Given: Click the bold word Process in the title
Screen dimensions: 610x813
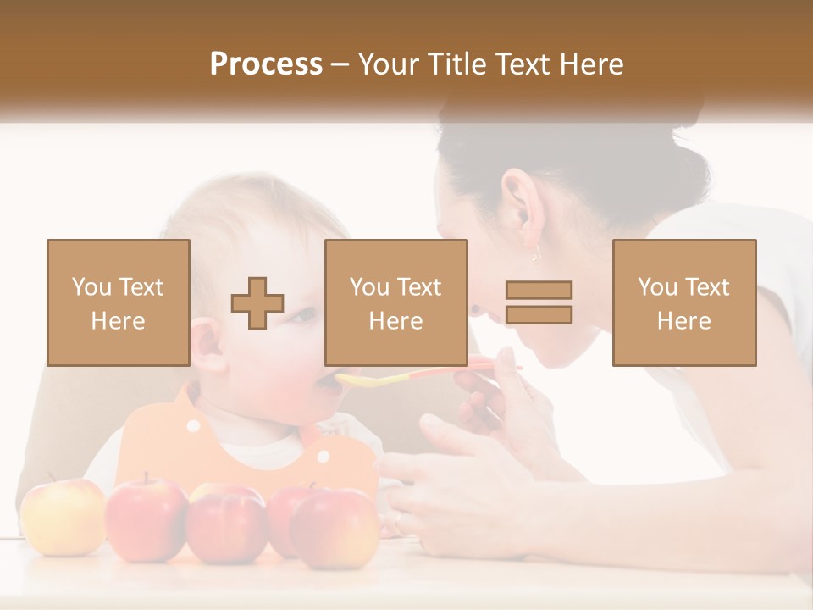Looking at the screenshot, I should (x=266, y=64).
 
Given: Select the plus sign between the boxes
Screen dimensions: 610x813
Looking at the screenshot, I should (x=257, y=303).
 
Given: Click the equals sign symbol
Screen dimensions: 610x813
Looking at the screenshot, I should (x=539, y=302).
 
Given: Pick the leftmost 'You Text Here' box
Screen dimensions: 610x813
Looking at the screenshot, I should (x=118, y=302).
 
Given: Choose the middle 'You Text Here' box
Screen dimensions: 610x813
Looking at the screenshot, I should (x=395, y=302).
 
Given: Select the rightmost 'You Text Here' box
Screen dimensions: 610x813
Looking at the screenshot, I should (x=683, y=302).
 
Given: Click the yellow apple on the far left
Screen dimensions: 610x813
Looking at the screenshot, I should (x=62, y=517).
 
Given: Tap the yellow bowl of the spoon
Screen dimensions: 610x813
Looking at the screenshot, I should (x=360, y=380).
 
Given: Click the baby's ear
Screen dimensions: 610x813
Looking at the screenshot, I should (x=207, y=347).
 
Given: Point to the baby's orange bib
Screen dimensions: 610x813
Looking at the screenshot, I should (x=169, y=441).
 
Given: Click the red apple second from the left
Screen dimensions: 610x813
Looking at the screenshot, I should (x=146, y=518).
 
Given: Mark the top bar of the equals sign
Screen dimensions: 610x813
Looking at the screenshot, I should (x=539, y=290).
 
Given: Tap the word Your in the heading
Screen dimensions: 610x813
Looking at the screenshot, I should (x=388, y=64).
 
